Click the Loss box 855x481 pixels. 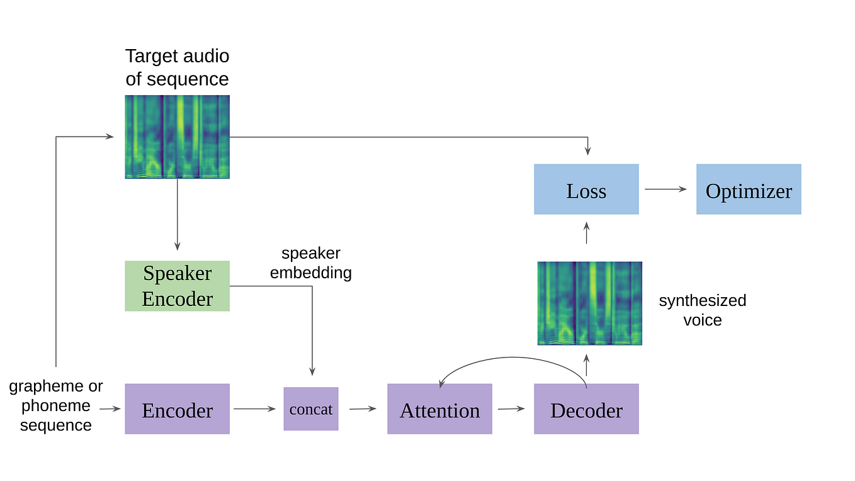point(586,190)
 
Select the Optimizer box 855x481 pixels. point(749,190)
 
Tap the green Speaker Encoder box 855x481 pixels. point(177,286)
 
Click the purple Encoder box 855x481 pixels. point(177,409)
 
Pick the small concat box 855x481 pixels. point(311,409)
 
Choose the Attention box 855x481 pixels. point(439,409)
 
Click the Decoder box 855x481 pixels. point(586,409)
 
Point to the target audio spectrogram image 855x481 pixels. point(177,137)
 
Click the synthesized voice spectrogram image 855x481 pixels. point(589,303)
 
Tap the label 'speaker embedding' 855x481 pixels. point(311,263)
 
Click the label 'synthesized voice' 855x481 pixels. point(703,310)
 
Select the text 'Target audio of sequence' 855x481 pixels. point(177,67)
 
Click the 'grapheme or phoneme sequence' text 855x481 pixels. point(55,405)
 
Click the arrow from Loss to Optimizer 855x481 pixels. point(665,189)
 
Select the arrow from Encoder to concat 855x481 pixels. point(255,409)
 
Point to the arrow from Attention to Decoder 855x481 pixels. point(511,409)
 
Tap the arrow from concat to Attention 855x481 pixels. point(363,409)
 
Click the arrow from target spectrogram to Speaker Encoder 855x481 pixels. point(177,214)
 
